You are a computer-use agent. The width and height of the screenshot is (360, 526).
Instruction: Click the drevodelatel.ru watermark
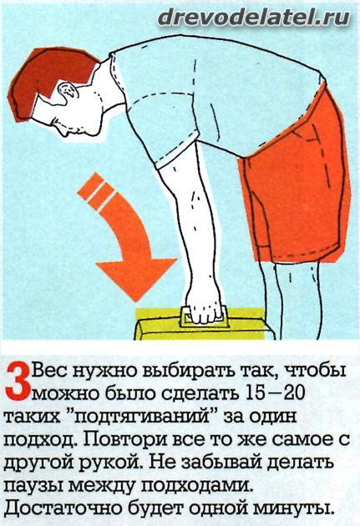click(x=254, y=17)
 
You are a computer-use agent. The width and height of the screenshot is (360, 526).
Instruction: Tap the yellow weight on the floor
click(x=205, y=325)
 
